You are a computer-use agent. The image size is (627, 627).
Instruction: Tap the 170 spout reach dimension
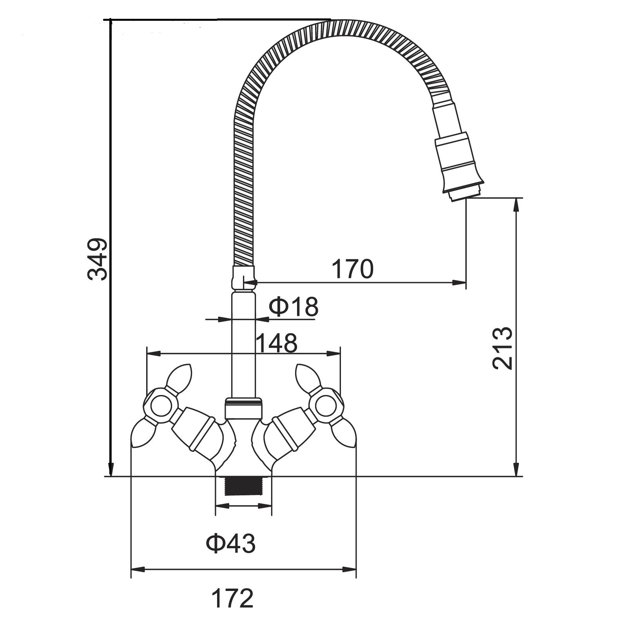pos(353,269)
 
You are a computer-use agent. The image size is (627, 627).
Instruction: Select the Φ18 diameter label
pos(294,307)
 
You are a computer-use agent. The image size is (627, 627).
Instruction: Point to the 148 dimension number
pos(277,343)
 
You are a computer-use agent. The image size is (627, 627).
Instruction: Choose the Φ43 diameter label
pos(231,543)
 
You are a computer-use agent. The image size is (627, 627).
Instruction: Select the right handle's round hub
pos(326,406)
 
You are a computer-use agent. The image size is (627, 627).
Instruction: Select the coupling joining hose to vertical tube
pos(243,277)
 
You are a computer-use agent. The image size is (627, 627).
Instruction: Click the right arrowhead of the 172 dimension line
pos(350,569)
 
